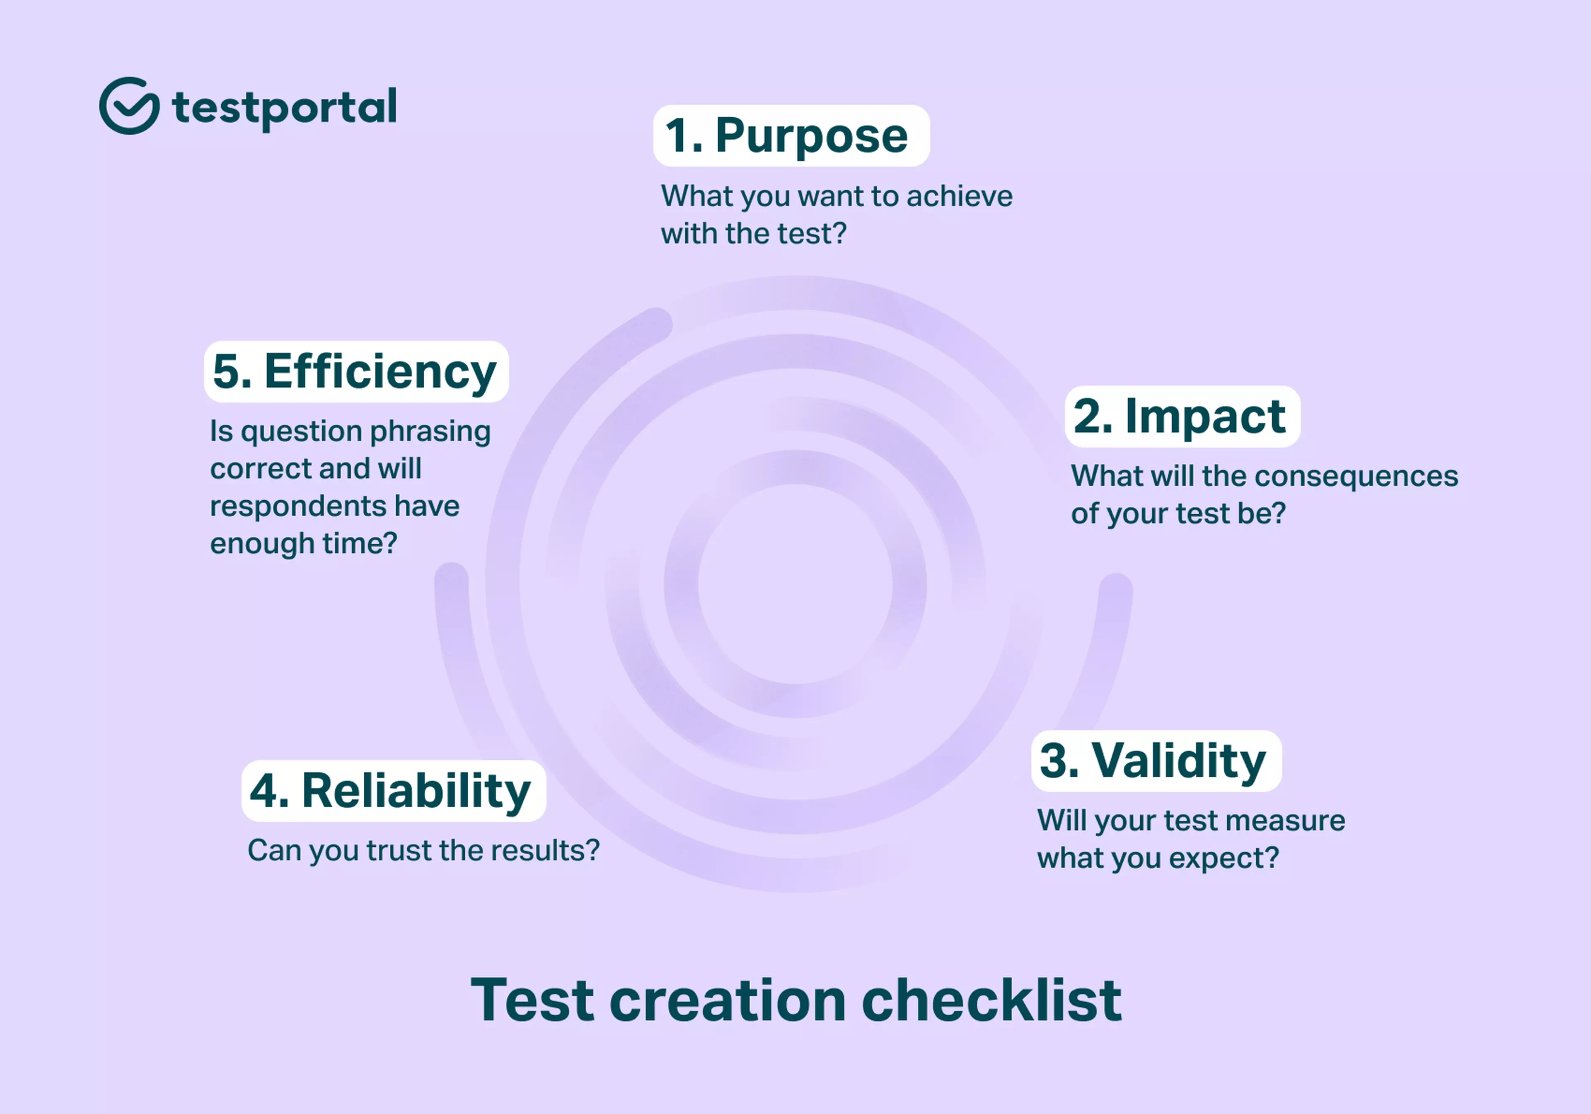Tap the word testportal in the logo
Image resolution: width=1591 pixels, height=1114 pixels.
coord(284,107)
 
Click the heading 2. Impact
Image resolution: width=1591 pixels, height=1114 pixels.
coord(1182,416)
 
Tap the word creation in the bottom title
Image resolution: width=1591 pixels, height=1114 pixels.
coord(728,1000)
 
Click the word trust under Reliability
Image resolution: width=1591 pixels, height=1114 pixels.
coord(399,850)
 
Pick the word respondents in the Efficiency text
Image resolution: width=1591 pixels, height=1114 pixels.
coord(298,506)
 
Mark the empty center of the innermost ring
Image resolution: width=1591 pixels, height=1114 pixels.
coord(795,584)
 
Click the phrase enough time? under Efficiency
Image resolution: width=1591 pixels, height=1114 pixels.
coord(304,543)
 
